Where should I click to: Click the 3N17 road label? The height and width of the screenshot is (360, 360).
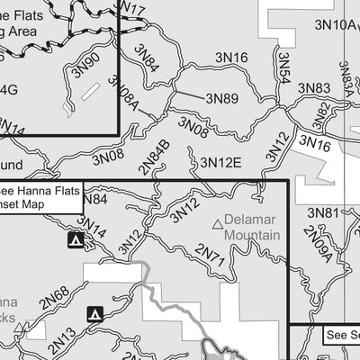(x=131, y=12)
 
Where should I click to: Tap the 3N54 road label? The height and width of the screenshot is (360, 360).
(x=282, y=68)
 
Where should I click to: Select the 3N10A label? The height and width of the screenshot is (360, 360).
(x=337, y=24)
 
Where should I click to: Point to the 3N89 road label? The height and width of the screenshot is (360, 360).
(x=221, y=98)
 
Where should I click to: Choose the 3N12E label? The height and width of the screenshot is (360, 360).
(x=220, y=163)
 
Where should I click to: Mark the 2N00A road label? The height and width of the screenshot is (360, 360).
(x=318, y=244)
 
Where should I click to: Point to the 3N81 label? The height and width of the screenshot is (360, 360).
(x=323, y=212)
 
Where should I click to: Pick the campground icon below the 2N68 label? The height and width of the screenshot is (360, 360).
(x=95, y=314)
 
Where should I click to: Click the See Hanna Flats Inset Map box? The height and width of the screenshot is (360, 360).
(x=40, y=197)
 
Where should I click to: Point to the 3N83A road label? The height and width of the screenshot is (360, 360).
(x=346, y=78)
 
